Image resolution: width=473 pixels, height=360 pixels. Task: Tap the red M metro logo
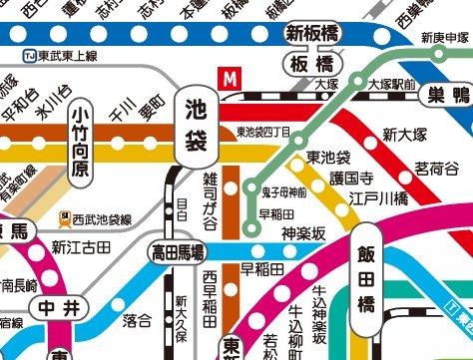tap(232, 77)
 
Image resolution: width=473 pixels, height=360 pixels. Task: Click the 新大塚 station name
tap(404, 135)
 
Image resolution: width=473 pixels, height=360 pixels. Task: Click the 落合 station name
tap(137, 320)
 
